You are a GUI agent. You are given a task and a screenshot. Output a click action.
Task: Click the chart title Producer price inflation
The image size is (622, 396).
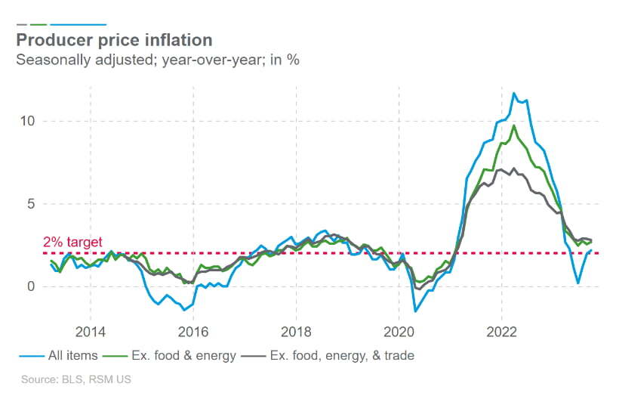coord(114,39)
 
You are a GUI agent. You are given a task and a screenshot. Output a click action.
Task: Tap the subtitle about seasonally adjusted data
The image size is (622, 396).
coord(158,60)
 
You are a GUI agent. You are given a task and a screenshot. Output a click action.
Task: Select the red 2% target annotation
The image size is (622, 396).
coord(72,243)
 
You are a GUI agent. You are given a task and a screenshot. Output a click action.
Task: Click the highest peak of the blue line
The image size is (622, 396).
coord(514,93)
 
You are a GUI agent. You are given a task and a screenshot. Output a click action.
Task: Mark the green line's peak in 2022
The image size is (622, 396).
coord(514,125)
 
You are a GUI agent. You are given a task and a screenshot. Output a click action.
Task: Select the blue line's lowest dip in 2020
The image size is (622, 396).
coord(415,311)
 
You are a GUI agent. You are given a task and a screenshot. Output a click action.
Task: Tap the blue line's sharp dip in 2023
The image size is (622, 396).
coord(578,283)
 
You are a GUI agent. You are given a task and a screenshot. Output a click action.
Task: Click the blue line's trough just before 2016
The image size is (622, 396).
coord(183,310)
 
